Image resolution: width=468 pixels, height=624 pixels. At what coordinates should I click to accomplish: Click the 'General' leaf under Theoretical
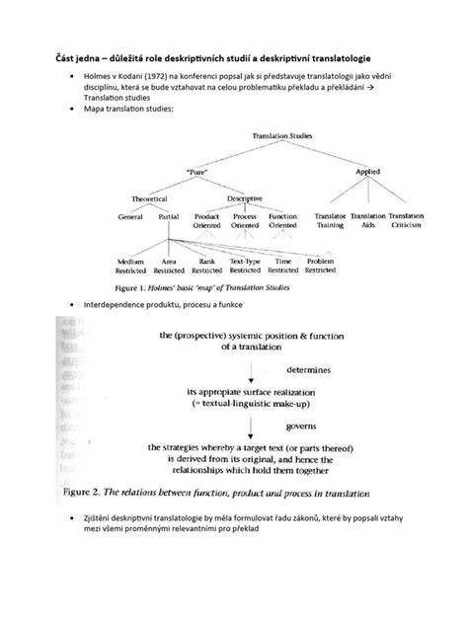(130, 215)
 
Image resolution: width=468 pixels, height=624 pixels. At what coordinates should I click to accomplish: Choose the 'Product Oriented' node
(206, 220)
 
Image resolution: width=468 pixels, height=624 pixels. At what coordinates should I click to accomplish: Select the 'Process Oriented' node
(245, 220)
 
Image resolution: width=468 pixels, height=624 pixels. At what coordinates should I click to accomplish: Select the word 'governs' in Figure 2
(303, 429)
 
